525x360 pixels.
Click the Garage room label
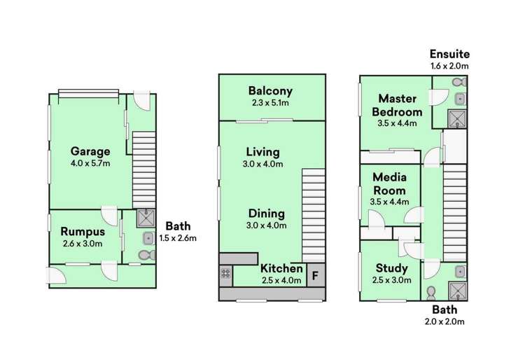pos(90,151)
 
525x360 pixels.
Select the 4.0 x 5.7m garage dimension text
pos(90,163)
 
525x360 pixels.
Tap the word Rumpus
pos(82,232)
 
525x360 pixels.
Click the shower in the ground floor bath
pos(145,219)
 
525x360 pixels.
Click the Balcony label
pos(270,91)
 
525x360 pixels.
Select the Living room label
pos(262,152)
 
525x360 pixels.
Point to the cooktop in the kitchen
pos(226,274)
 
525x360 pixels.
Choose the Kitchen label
pos(281,268)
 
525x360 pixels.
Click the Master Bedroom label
pos(397,105)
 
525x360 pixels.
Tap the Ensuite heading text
pos(449,54)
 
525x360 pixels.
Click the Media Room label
pos(389,184)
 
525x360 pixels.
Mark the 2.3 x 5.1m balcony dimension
pos(270,103)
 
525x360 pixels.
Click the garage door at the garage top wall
pos(89,93)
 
